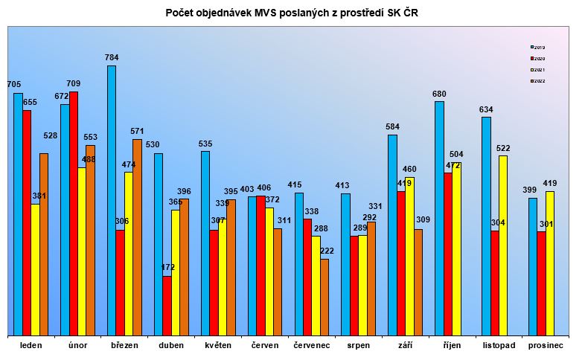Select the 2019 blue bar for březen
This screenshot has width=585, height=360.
click(112, 201)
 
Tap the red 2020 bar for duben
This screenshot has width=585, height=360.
click(167, 306)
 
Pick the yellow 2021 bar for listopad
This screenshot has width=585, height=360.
click(503, 245)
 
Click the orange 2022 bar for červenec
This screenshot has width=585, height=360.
click(325, 297)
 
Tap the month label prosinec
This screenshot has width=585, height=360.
click(546, 345)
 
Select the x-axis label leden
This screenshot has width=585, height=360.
click(31, 345)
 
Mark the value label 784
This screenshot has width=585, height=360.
click(112, 57)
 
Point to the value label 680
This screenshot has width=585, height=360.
click(439, 94)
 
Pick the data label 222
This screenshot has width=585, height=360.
click(325, 251)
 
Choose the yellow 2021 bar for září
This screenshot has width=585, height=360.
click(409, 256)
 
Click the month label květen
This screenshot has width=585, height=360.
click(217, 345)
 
